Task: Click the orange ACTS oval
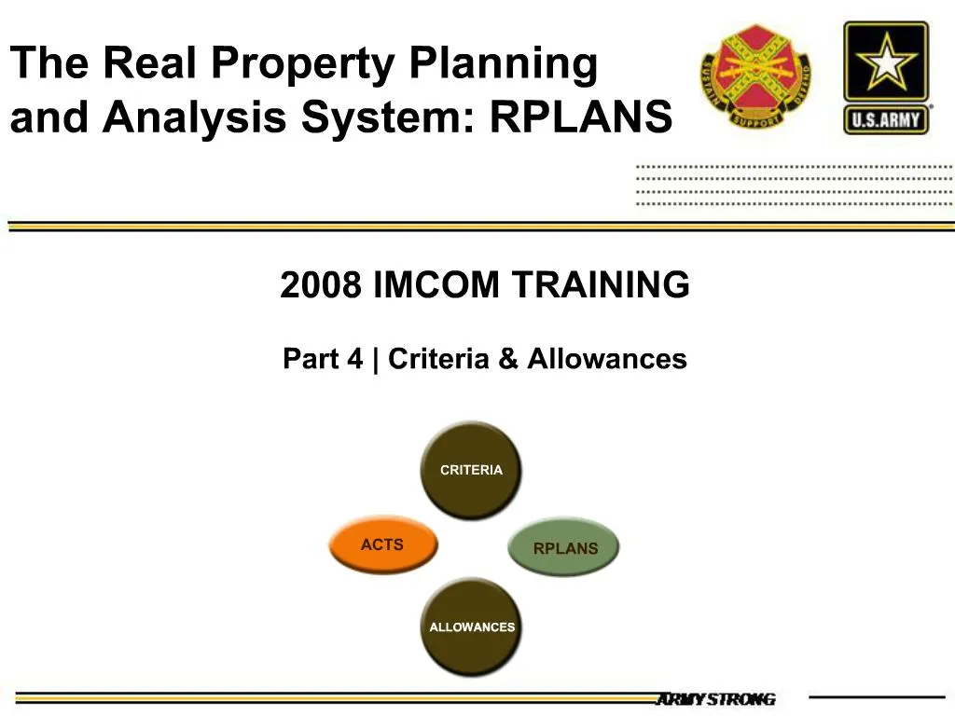point(382,545)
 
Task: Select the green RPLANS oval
point(563,548)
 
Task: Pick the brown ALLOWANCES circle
point(471,627)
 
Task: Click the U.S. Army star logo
point(886,77)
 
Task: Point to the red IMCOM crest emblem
point(755,77)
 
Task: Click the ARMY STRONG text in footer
point(715,699)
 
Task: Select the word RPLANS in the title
point(580,118)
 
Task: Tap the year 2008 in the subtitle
point(320,285)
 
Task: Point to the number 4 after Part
point(355,359)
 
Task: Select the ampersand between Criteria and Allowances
point(508,359)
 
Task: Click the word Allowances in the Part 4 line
point(607,359)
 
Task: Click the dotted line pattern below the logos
point(793,185)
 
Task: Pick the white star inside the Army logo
point(886,63)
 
